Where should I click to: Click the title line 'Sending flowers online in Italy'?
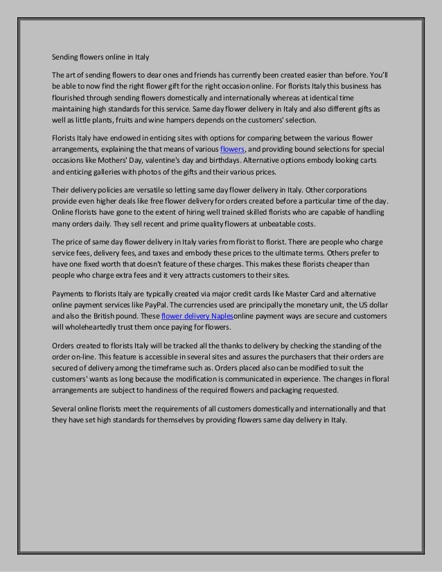[101, 56]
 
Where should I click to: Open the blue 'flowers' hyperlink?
[231, 148]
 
